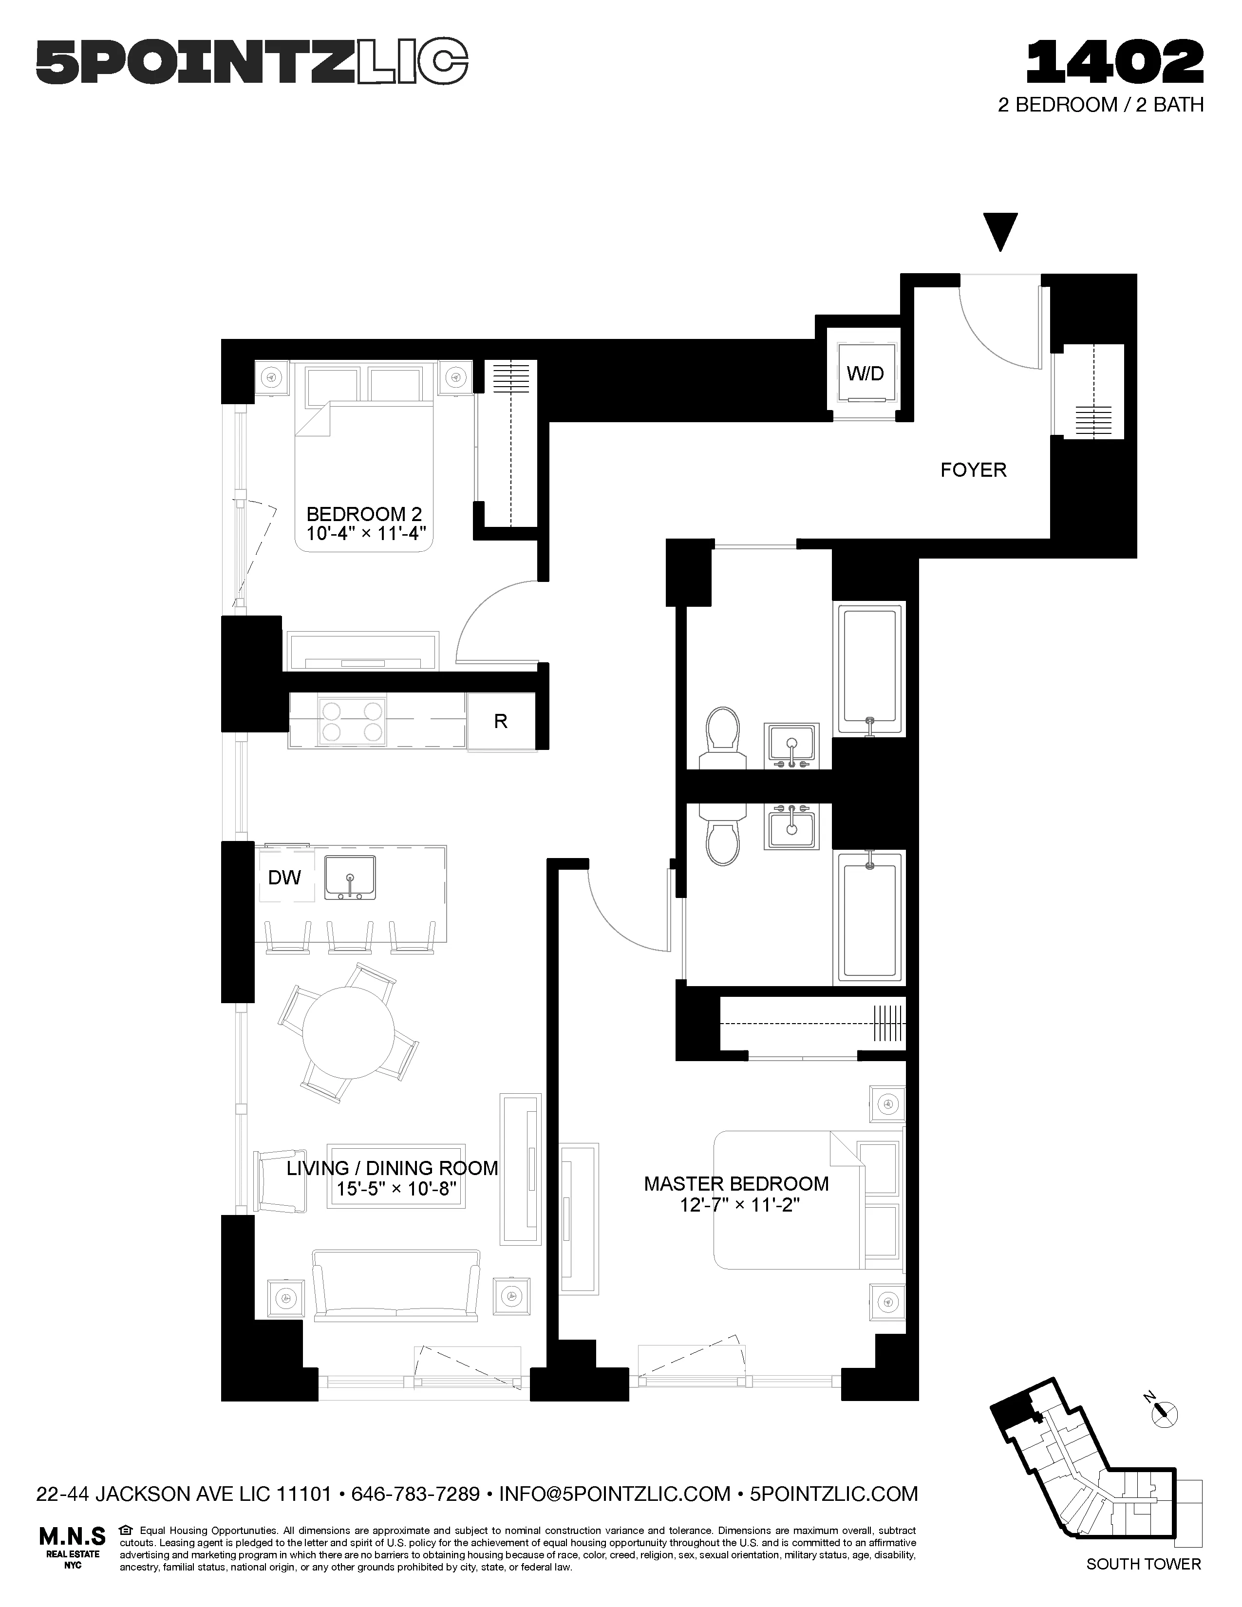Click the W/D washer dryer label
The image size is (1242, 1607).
pos(865,374)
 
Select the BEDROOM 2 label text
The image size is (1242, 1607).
pos(363,514)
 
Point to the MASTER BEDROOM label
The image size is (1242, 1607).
pos(736,1183)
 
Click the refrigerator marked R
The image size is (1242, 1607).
pos(500,721)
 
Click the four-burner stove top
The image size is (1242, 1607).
pos(353,721)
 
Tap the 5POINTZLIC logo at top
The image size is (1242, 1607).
pos(252,64)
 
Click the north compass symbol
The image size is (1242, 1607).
pos(1163,1411)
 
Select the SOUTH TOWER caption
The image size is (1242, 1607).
pos(1143,1579)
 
